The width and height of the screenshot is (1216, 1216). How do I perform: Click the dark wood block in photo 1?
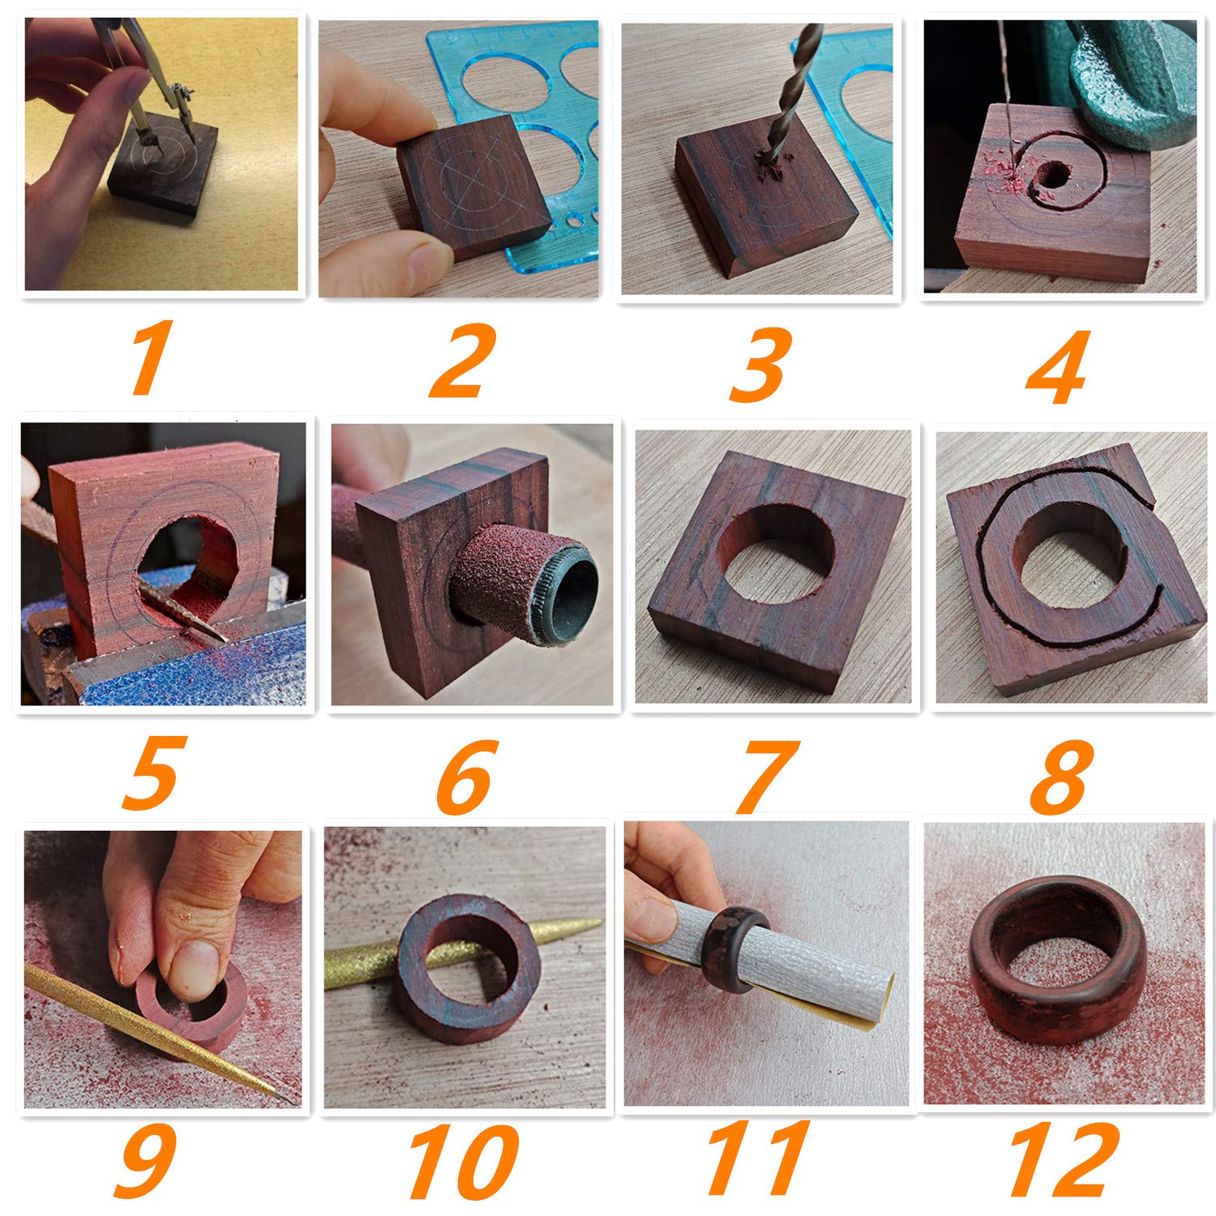pos(166,174)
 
